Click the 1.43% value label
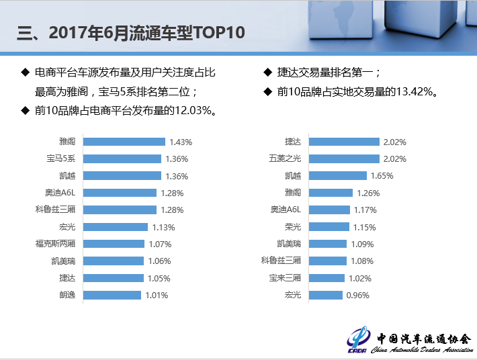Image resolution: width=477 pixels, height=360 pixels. [x=181, y=142]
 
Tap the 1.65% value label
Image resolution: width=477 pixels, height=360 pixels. [x=382, y=176]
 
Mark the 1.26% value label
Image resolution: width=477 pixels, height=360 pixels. [x=367, y=193]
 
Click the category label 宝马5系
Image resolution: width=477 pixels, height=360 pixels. [x=60, y=159]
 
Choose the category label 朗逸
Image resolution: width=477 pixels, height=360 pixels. [x=67, y=295]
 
